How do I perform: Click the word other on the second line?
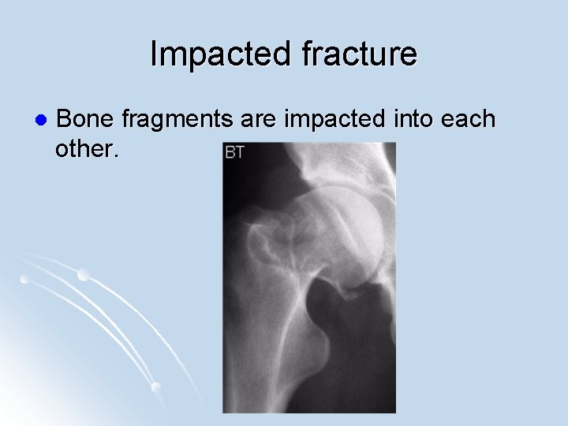pos(85,149)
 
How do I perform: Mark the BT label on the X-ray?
pos(235,152)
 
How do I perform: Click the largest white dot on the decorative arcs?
pos(83,275)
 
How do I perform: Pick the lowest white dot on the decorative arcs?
pos(155,387)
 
